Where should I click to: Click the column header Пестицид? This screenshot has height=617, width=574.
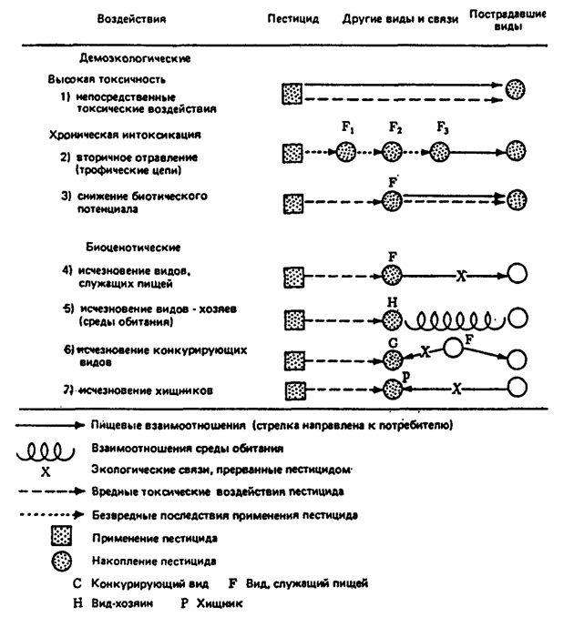click(293, 19)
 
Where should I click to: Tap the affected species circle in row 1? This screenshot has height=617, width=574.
click(517, 89)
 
